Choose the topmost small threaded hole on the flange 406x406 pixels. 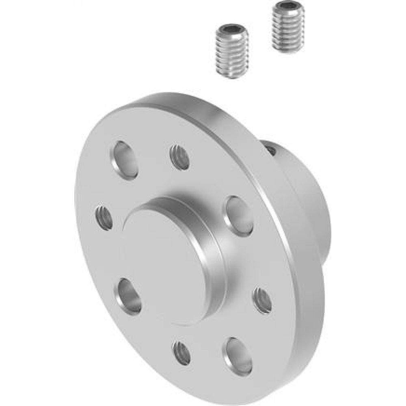(x=179, y=157)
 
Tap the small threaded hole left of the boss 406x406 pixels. (x=104, y=218)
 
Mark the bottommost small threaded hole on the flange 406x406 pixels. (x=181, y=352)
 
